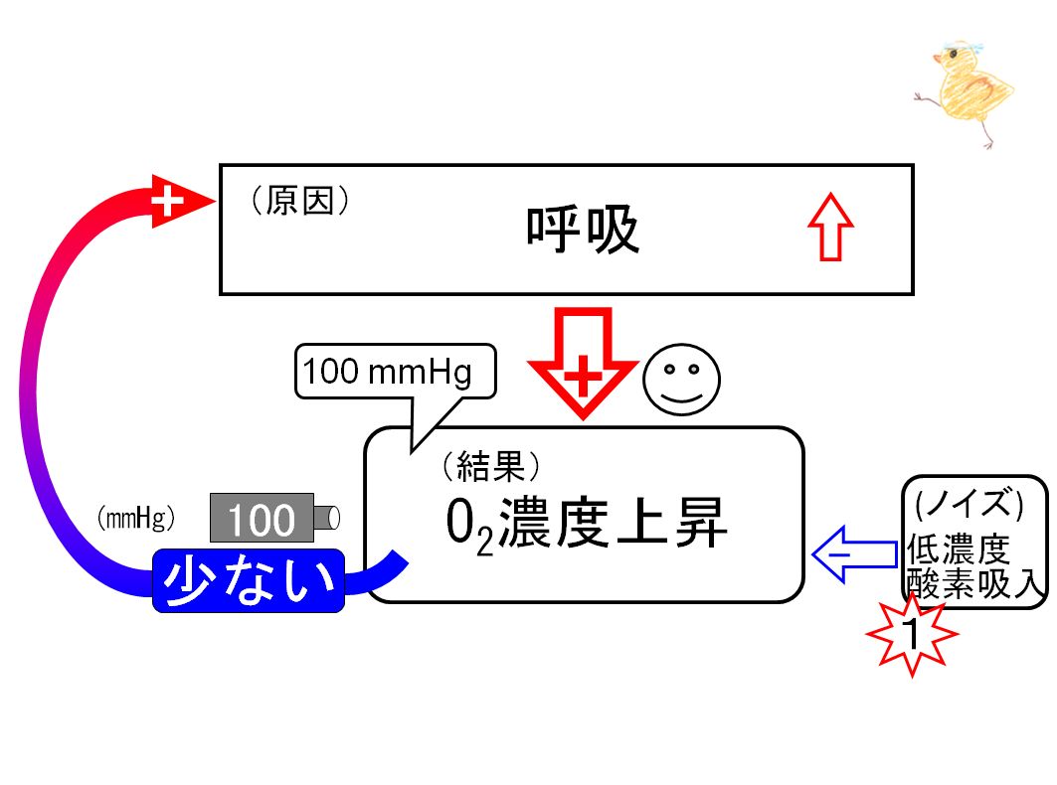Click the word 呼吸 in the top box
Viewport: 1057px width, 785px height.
[x=583, y=230]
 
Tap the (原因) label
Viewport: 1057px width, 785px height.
[x=300, y=200]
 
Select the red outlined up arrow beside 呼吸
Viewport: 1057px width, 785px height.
[x=830, y=228]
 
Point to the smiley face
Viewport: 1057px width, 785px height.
[x=681, y=380]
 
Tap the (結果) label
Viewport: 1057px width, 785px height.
[x=491, y=466]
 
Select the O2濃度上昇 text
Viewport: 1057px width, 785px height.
[x=587, y=525]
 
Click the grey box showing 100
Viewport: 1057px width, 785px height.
[x=262, y=518]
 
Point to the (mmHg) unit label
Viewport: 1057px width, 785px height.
[x=136, y=518]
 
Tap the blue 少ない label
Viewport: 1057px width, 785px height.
[x=249, y=581]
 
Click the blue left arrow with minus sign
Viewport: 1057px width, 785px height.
[x=854, y=554]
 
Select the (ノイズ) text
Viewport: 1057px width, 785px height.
[x=969, y=504]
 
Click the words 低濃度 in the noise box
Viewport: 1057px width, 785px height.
[x=958, y=549]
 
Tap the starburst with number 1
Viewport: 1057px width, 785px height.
[x=912, y=634]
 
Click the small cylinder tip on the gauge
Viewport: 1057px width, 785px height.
[x=327, y=518]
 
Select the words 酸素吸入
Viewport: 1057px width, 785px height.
[x=975, y=583]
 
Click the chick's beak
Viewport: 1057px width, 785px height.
[x=937, y=60]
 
